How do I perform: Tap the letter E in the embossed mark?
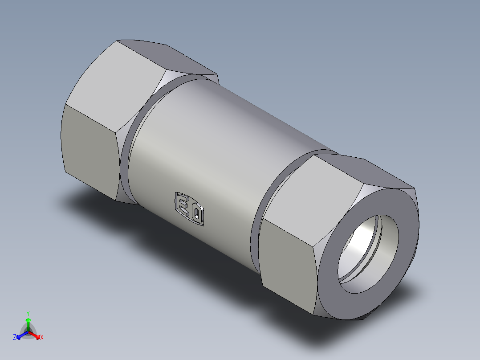coord(183,205)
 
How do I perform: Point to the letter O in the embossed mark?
coord(196,213)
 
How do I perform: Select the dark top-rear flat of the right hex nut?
coord(374,169)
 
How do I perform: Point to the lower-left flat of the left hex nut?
coord(89,151)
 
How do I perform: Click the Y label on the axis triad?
coord(28,313)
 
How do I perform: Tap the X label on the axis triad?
coord(42,338)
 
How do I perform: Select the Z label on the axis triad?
coord(15,338)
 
